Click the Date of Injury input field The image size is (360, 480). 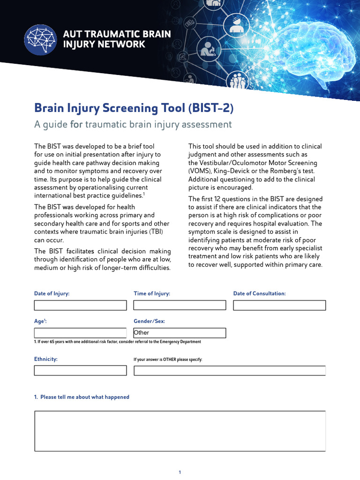click(80, 305)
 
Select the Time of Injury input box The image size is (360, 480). click(180, 305)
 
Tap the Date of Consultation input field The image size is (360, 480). click(279, 305)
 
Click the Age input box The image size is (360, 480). click(80, 333)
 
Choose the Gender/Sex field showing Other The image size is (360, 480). click(180, 333)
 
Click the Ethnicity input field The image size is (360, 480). click(80, 370)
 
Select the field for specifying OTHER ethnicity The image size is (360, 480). click(230, 370)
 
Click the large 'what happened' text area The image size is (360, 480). click(180, 431)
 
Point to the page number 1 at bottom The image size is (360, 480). click(180, 472)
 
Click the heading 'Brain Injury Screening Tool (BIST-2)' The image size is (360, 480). click(134, 108)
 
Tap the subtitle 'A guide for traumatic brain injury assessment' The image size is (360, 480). click(133, 124)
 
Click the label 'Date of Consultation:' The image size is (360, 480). click(259, 293)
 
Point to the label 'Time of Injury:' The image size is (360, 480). click(152, 293)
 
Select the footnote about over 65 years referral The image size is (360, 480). click(117, 342)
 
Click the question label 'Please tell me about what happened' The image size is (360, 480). click(82, 397)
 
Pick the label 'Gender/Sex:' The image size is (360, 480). click(149, 321)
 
